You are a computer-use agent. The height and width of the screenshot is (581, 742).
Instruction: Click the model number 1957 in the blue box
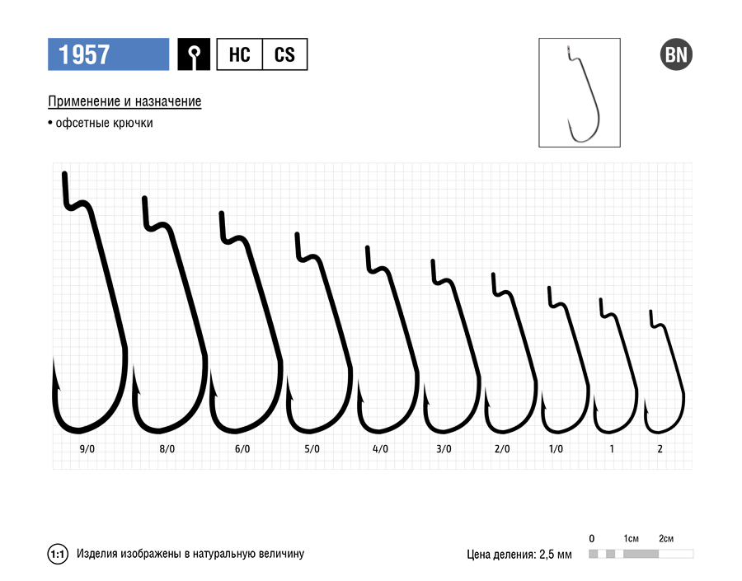pos(84,54)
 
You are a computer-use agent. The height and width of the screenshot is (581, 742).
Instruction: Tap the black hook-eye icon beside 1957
pos(194,54)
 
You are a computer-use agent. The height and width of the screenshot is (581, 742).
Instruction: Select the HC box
pos(239,54)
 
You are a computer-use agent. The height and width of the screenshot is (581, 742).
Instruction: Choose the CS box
pos(284,54)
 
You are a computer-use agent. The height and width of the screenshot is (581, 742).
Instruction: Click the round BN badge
pos(676,54)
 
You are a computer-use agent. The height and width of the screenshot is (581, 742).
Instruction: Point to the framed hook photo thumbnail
pos(580,93)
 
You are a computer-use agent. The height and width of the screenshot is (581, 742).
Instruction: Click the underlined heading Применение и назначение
pos(124,101)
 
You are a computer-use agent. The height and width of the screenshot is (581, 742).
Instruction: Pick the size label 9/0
pos(87,449)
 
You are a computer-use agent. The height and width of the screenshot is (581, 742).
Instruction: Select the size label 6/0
pos(242,449)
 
